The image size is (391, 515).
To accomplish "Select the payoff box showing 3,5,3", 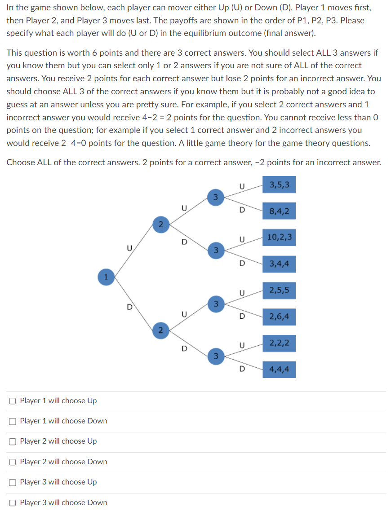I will point(279,185).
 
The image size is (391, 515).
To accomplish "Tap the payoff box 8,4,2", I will point(279,211).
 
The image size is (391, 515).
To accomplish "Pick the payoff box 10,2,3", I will point(279,237).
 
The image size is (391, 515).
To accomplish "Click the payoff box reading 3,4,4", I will point(279,264).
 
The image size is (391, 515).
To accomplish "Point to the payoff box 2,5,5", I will point(279,291).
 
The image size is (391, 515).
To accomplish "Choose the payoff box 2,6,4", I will point(279,317).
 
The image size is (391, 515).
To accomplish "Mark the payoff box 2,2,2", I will point(279,344).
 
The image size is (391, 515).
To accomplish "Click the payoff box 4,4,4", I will point(279,370).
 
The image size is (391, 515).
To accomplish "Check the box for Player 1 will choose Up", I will point(13,401).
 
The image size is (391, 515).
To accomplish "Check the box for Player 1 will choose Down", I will point(13,421).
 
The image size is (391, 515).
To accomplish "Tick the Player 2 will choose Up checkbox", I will point(13,441).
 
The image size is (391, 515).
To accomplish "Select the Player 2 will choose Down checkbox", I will point(13,462).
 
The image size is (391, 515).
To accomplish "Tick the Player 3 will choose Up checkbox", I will point(13,482).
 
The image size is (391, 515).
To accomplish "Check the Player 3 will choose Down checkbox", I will point(13,502).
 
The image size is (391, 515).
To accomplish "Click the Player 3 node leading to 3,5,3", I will point(215,197).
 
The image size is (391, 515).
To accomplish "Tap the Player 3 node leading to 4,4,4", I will point(215,357).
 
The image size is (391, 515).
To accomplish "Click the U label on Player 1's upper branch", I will point(129,247).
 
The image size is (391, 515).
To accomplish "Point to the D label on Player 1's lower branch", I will point(129,307).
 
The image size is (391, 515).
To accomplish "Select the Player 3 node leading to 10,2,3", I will point(215,250).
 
